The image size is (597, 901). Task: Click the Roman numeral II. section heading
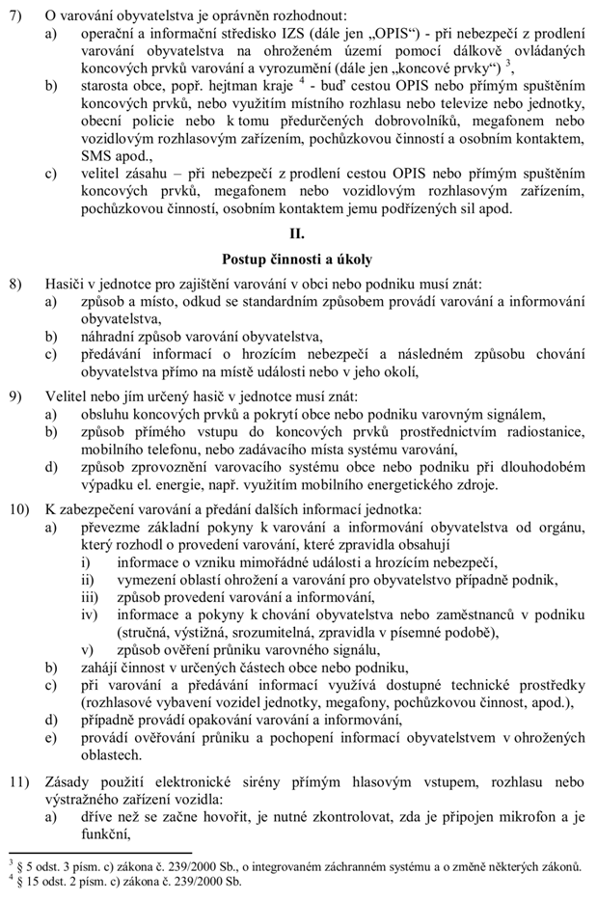click(297, 234)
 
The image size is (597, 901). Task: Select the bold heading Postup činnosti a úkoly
click(297, 259)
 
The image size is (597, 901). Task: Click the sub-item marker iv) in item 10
click(89, 614)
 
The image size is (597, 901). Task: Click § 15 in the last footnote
click(28, 882)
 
